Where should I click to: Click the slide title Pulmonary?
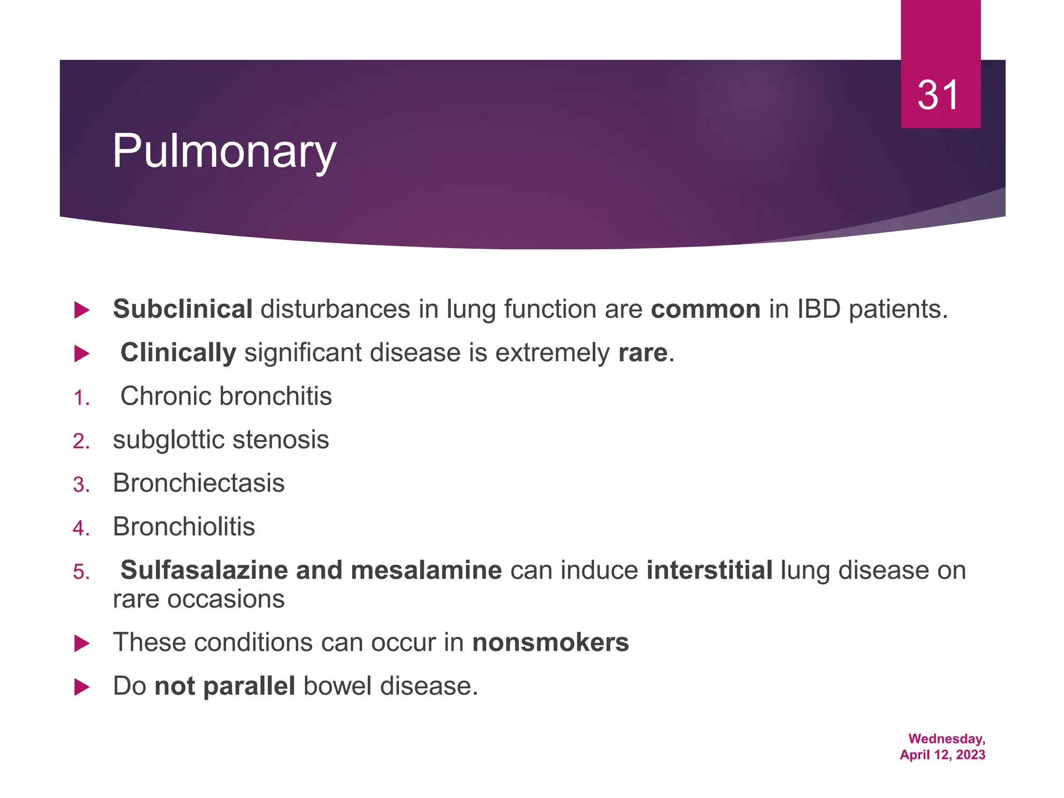click(x=224, y=151)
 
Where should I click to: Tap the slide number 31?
click(x=938, y=96)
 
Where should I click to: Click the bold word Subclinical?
click(x=183, y=309)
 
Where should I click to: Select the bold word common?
click(x=706, y=309)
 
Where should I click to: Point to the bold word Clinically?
click(x=178, y=353)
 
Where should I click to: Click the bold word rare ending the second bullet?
click(x=643, y=353)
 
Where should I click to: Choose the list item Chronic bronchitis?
click(x=226, y=396)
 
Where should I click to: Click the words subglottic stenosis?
click(x=221, y=440)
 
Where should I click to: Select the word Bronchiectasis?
click(x=198, y=483)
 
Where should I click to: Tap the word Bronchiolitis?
click(x=184, y=527)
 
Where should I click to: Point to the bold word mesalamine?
click(x=426, y=570)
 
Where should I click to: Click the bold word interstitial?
click(x=709, y=570)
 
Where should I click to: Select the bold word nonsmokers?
click(x=550, y=643)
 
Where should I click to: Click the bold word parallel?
click(x=249, y=686)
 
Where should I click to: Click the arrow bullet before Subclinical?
click(x=82, y=311)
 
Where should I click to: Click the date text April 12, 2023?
click(x=942, y=755)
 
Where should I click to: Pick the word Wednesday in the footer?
click(x=946, y=739)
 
